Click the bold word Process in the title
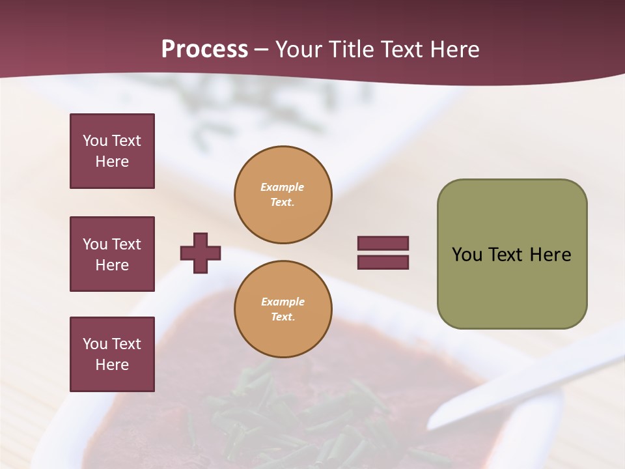(x=204, y=50)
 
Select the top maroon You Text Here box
(x=112, y=151)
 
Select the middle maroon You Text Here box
(x=112, y=254)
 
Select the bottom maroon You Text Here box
(x=112, y=354)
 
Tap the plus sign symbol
(x=201, y=253)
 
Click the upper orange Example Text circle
(x=283, y=195)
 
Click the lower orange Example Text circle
(x=283, y=309)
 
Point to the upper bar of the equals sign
(x=383, y=243)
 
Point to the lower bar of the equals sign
(x=383, y=263)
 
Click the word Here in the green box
(x=550, y=255)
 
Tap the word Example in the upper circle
(x=283, y=187)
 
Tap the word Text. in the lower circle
(x=283, y=317)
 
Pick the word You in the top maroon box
(x=94, y=141)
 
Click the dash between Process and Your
(x=261, y=50)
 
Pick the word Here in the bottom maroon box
(x=112, y=365)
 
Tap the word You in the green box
(x=467, y=255)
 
